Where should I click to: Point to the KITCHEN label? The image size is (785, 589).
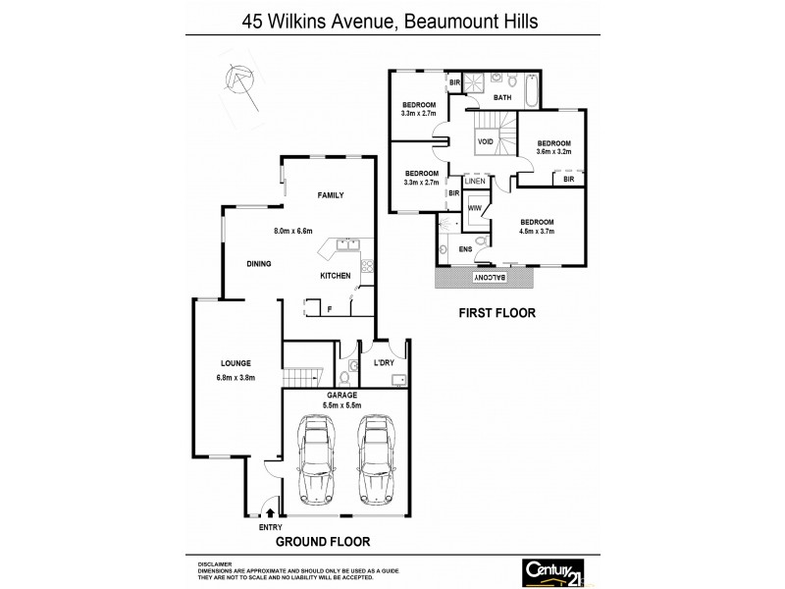click(335, 276)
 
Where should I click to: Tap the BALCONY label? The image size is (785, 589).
click(490, 279)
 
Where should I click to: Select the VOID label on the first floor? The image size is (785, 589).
click(485, 141)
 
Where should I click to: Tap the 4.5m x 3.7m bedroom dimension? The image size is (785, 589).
click(537, 232)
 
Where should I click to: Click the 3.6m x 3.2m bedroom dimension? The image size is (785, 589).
click(553, 151)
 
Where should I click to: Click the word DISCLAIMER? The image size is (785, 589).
click(213, 564)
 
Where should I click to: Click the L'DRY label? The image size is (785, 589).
click(384, 363)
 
